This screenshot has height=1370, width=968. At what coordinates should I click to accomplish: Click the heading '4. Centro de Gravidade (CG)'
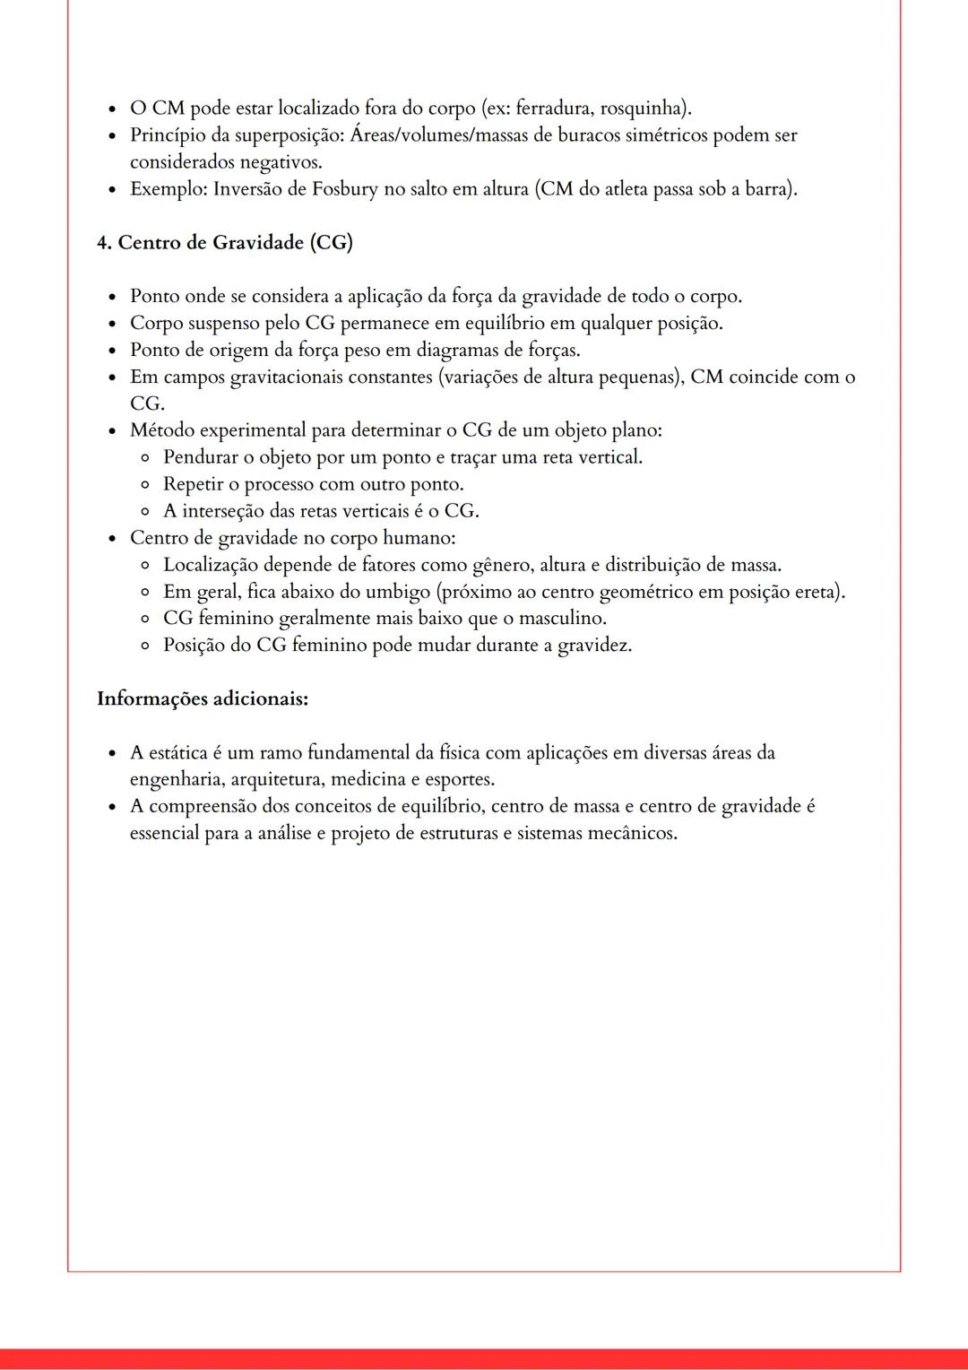click(224, 243)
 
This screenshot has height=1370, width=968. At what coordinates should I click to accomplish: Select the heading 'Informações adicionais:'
click(203, 698)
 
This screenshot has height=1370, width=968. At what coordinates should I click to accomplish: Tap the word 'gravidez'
click(593, 646)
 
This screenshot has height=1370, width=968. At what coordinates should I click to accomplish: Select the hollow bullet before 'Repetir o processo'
click(145, 485)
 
